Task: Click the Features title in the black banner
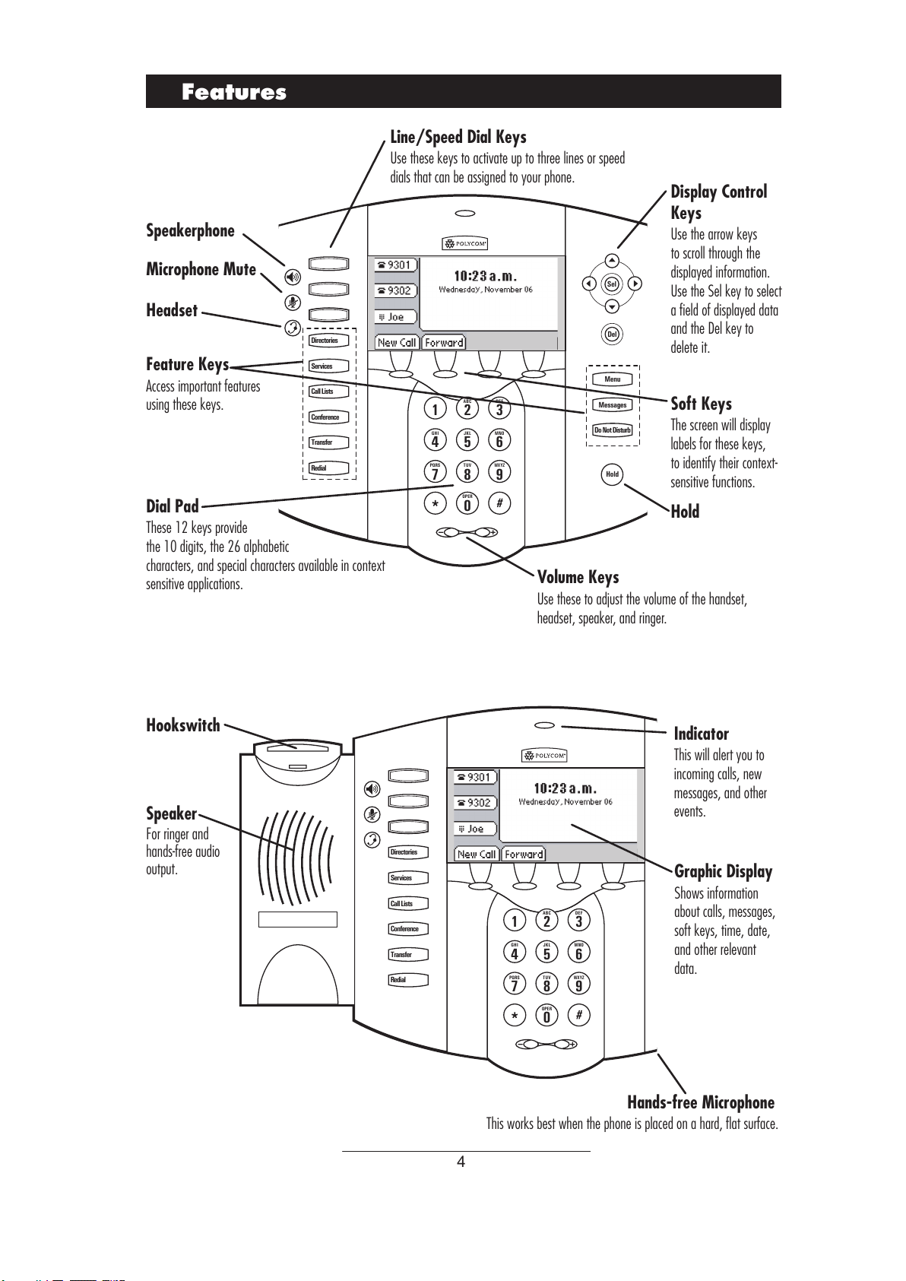pos(234,92)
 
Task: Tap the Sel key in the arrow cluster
pos(612,284)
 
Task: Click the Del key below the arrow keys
pos(612,334)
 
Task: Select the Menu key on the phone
pos(613,379)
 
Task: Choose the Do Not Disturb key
pos(613,430)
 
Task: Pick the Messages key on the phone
pos(613,405)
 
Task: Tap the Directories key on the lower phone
pos(408,852)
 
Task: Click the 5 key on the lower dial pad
pos(546,953)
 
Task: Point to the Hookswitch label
pos(183,725)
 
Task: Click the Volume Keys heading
pos(578,577)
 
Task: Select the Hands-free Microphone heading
pos(700,1102)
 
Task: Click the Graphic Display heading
pos(723,871)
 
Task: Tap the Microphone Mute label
pos(201,270)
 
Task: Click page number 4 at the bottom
pos(461,1162)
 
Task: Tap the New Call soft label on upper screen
pos(397,343)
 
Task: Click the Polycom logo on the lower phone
pos(544,756)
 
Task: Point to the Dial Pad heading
pos(173,506)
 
